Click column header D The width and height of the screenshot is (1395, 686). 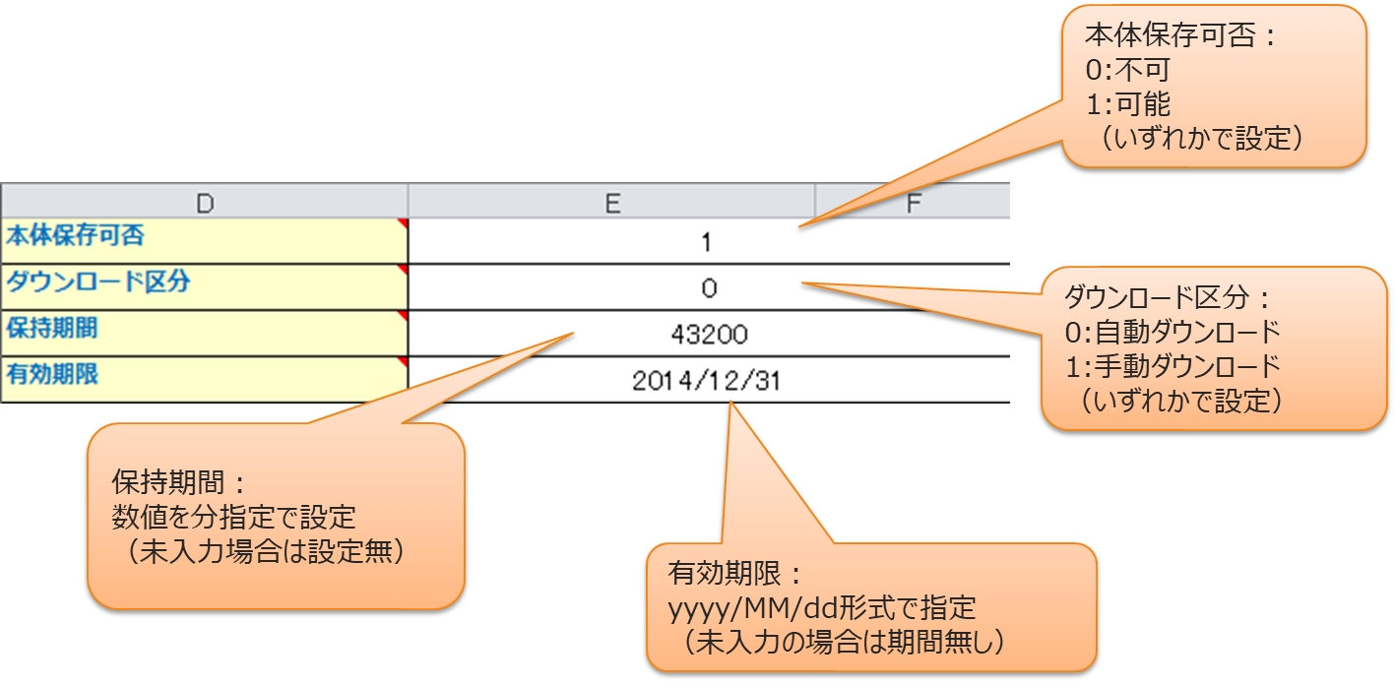pyautogui.click(x=204, y=202)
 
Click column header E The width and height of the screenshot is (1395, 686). pyautogui.click(x=611, y=202)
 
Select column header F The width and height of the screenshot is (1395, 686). pyautogui.click(x=913, y=202)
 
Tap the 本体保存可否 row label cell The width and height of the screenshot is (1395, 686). pyautogui.click(x=204, y=239)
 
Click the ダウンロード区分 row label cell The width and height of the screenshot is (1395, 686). pyautogui.click(x=204, y=284)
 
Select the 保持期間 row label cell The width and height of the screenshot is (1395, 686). pyautogui.click(x=204, y=331)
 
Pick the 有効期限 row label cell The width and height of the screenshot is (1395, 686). pyautogui.click(x=204, y=377)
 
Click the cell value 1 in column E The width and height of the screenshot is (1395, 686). pyautogui.click(x=708, y=242)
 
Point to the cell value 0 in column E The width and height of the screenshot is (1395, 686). pyautogui.click(x=709, y=288)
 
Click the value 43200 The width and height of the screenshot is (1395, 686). pyautogui.click(x=709, y=335)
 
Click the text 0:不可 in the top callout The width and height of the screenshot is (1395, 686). pyautogui.click(x=1126, y=71)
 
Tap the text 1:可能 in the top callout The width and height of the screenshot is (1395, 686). pyautogui.click(x=1126, y=104)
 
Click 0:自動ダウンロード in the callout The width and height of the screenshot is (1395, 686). pyautogui.click(x=1172, y=331)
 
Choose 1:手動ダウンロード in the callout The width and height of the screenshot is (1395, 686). pyautogui.click(x=1172, y=365)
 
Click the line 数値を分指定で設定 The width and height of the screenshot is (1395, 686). pyautogui.click(x=234, y=518)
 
